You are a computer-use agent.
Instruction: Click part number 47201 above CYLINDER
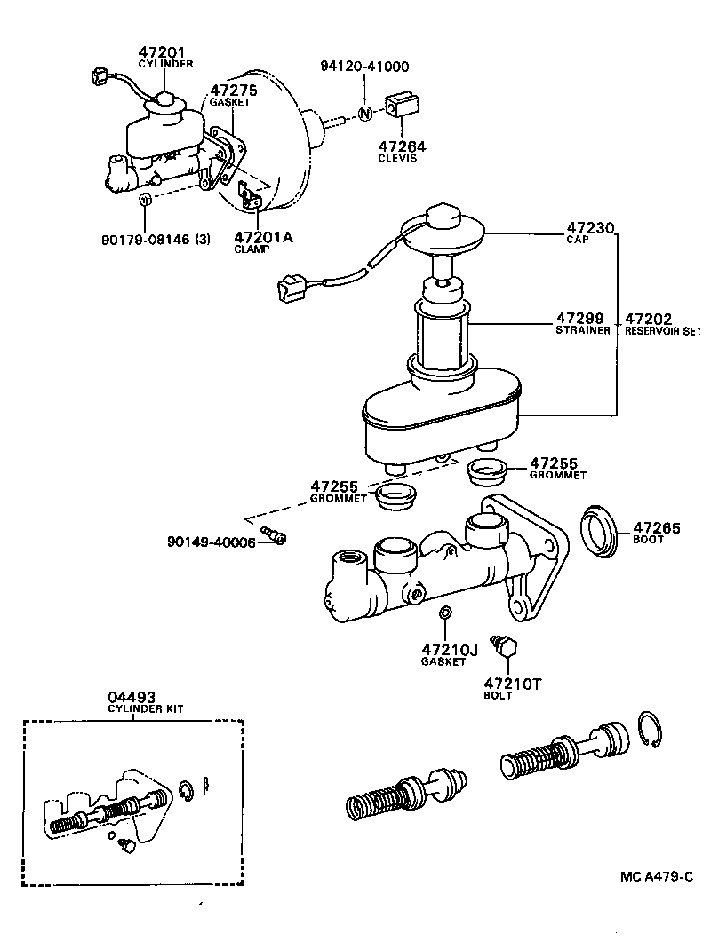pos(162,53)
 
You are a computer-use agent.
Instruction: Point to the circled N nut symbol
pos(364,112)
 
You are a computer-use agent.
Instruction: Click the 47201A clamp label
pos(263,238)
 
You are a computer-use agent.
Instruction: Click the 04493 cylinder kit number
pos(132,697)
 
